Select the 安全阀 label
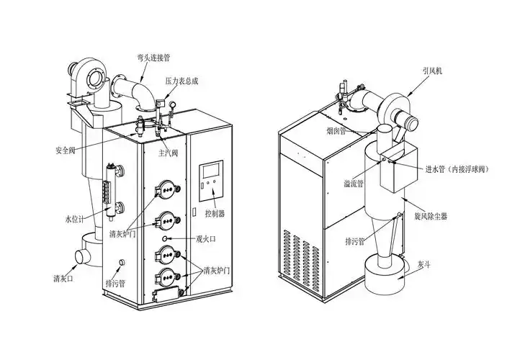(66, 150)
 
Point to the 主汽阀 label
(169, 153)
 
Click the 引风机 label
(434, 73)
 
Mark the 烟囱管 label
(333, 132)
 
